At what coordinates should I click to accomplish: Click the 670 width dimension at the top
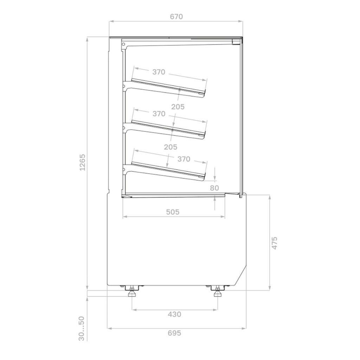(176, 17)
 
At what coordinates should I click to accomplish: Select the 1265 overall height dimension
(82, 162)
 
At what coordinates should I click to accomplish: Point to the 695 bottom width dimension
(174, 333)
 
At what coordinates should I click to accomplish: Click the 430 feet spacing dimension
(174, 314)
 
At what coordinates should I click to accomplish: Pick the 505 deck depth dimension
(173, 212)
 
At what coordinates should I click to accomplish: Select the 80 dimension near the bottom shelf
(214, 188)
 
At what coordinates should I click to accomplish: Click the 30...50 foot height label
(82, 329)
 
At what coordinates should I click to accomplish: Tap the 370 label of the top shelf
(159, 72)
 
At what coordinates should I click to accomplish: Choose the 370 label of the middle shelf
(159, 114)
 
